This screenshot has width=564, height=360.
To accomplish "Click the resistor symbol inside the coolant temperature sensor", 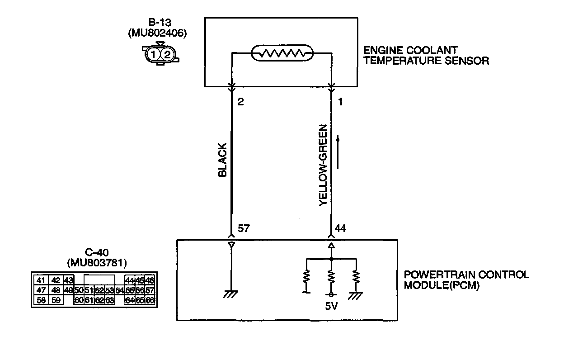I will [x=282, y=54].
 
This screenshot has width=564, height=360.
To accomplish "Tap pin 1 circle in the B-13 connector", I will [x=154, y=54].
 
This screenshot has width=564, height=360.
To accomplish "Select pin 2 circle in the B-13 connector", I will [x=167, y=54].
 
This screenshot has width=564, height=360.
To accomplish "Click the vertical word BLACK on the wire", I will [x=222, y=161].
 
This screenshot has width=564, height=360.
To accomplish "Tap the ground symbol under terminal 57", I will [x=231, y=294].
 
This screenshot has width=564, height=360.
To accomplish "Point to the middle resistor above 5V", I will [x=332, y=276].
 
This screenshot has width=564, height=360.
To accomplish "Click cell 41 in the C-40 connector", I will [x=41, y=280].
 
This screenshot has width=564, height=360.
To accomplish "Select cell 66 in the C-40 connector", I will [x=150, y=299].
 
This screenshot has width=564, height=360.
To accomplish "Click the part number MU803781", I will [x=96, y=263].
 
